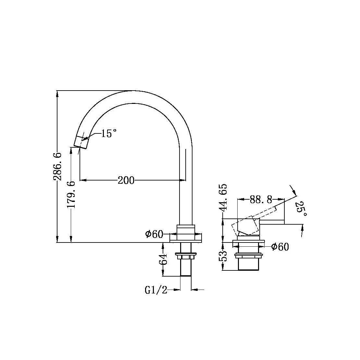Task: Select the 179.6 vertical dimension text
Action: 71,195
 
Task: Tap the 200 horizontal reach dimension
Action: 126,180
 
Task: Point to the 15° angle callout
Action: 108,133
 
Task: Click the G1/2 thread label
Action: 156,290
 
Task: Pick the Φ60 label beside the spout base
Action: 154,234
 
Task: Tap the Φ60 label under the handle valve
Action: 280,247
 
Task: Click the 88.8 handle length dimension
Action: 261,199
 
